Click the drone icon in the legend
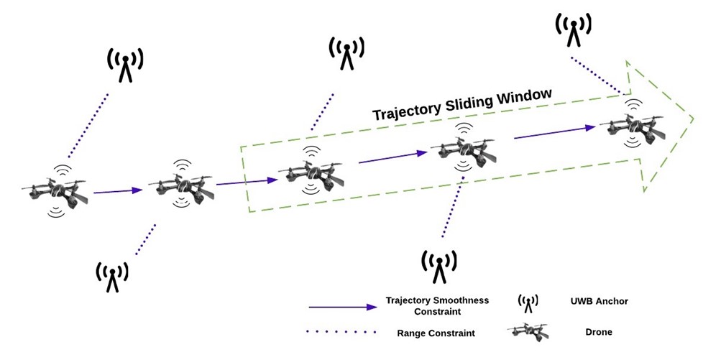tap(528, 331)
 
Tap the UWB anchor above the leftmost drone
tap(125, 65)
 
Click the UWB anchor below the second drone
tap(112, 276)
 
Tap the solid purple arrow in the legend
tap(342, 307)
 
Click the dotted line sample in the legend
tap(342, 332)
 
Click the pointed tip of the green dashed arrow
tap(694, 117)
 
